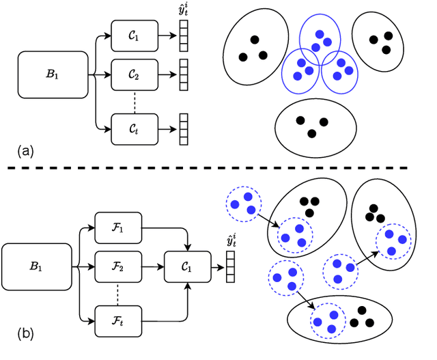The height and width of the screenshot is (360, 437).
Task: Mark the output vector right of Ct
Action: [184, 127]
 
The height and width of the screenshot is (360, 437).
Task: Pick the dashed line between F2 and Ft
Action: [118, 292]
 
